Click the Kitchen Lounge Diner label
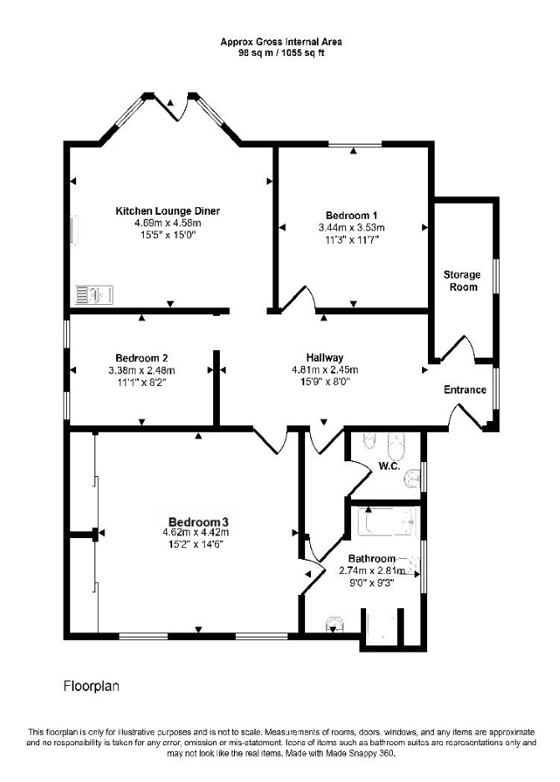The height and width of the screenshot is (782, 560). [168, 211]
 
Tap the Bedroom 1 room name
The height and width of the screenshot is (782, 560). [351, 216]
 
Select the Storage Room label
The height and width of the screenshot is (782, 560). [461, 281]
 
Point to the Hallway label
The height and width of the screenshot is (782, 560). [325, 358]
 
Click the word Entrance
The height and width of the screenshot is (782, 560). [466, 389]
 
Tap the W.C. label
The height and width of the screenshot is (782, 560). [389, 466]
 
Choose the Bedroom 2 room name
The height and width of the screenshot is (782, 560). [142, 358]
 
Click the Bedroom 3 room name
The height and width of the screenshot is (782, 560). [199, 522]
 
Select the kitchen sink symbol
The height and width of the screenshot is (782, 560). [94, 295]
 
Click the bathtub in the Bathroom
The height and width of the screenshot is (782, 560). [387, 522]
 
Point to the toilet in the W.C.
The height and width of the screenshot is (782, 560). [398, 445]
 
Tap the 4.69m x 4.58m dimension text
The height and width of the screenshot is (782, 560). [167, 223]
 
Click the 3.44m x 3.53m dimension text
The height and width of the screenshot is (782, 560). [352, 228]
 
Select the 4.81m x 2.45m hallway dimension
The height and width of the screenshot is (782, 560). [325, 370]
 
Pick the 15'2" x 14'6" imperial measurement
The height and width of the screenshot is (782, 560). [196, 544]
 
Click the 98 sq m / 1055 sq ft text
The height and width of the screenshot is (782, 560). [281, 53]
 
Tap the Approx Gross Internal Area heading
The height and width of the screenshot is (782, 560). [281, 43]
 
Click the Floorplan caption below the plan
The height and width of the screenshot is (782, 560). [91, 686]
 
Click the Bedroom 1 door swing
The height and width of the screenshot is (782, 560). [298, 299]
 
